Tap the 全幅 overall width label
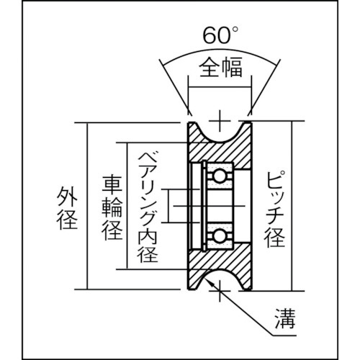[220, 67]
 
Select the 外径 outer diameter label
[67, 208]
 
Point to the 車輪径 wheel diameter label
[112, 208]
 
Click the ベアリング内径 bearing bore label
[147, 207]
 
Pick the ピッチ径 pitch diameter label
[274, 209]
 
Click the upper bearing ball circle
[219, 176]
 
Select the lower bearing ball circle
[219, 237]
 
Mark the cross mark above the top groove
[220, 121]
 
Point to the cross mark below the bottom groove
[220, 291]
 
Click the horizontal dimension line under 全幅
[220, 87]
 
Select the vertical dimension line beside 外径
[87, 206]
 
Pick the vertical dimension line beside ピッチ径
[292, 206]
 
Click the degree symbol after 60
[235, 30]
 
